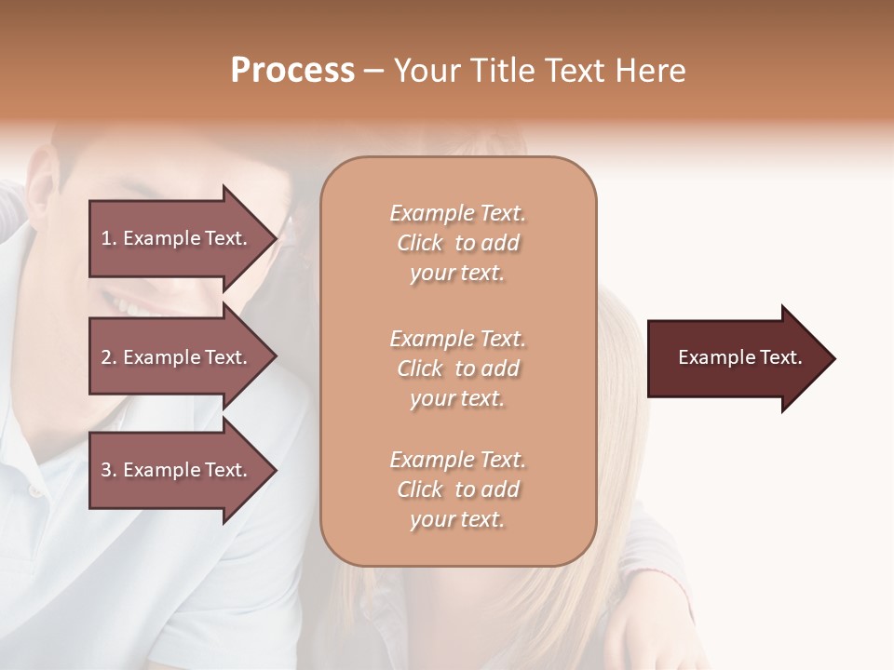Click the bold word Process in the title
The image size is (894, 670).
292,71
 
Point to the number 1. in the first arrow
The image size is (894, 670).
108,238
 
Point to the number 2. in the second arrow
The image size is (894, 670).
108,357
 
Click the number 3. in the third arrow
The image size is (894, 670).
108,470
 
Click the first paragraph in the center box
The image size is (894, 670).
457,243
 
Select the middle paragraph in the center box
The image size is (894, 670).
457,368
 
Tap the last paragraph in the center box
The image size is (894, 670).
457,489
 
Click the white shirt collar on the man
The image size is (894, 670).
37,465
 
